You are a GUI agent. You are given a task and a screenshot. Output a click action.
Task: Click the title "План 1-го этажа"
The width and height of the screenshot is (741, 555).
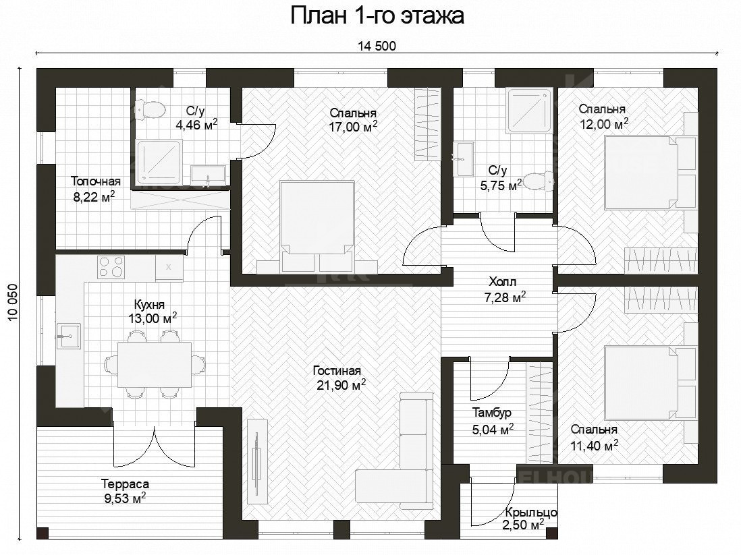(x=377, y=16)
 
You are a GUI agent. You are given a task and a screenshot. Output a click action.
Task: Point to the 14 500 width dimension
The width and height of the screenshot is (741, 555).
(x=377, y=47)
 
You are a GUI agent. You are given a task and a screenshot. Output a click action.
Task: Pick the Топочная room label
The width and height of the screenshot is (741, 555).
(x=95, y=188)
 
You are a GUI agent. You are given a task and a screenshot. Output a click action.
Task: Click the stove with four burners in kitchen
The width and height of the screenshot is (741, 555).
(x=112, y=267)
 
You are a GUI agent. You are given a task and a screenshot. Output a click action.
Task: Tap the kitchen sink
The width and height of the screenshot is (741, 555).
(x=68, y=335)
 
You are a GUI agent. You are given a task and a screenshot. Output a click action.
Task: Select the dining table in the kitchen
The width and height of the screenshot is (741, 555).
(x=154, y=364)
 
